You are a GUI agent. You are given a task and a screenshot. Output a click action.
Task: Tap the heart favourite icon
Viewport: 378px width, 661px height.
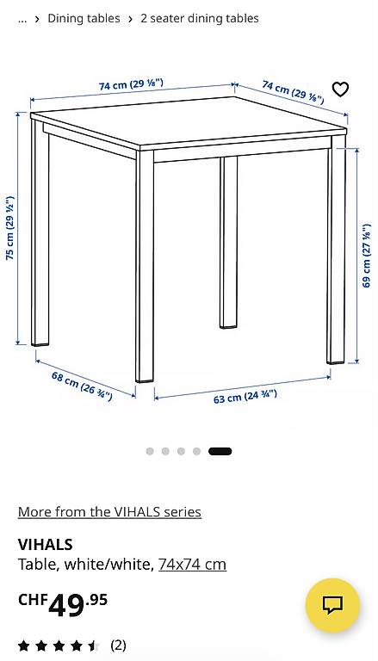[340, 89]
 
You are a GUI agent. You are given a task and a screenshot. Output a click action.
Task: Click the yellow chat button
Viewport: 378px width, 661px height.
[333, 605]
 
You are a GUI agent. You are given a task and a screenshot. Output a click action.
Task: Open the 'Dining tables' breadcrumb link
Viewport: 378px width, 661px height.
[84, 19]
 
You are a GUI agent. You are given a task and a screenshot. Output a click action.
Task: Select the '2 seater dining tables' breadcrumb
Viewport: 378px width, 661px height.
[200, 19]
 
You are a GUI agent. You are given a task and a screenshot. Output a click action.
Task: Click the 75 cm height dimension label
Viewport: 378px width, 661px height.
[10, 227]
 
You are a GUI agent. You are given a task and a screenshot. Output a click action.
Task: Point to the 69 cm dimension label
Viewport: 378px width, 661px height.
[367, 256]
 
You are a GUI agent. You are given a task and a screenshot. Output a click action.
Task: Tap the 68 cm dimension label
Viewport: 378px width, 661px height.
[82, 386]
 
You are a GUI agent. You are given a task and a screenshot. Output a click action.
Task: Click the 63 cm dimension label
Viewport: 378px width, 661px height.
[245, 397]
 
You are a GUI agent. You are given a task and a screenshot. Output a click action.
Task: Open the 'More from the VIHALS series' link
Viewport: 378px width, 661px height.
[109, 512]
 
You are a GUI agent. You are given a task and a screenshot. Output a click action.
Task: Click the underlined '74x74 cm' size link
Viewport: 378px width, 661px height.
[192, 564]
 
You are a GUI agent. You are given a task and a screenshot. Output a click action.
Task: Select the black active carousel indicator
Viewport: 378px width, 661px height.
[220, 452]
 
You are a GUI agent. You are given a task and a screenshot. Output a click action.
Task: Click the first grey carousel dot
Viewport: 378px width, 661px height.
[150, 452]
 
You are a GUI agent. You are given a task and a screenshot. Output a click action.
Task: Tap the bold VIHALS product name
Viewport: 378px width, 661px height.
[45, 545]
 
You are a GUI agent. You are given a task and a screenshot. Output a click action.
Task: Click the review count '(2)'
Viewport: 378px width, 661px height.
[118, 645]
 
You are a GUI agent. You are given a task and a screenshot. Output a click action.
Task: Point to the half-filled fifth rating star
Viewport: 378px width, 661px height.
[94, 646]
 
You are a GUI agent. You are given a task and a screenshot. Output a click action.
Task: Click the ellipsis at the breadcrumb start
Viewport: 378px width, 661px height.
[22, 21]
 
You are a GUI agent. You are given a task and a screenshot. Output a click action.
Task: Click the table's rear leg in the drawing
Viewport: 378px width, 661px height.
[229, 243]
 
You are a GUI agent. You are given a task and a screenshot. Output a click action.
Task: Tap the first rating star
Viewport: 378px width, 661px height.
[23, 646]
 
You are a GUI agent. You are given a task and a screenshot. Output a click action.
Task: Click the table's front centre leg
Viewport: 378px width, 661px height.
[145, 267]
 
